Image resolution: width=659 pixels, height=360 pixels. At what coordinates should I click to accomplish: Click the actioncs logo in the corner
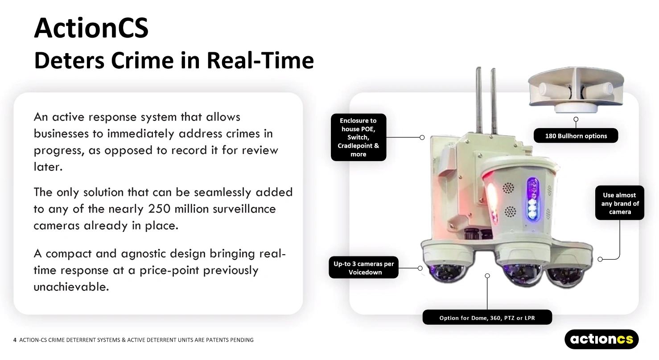click(601, 339)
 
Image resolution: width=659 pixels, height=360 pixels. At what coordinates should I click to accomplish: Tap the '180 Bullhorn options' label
click(576, 136)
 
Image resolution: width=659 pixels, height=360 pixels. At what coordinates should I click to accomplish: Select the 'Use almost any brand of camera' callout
click(619, 203)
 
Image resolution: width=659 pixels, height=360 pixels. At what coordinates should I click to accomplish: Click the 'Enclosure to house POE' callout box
click(358, 137)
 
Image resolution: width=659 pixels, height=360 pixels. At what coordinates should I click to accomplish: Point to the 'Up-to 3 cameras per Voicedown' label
click(363, 268)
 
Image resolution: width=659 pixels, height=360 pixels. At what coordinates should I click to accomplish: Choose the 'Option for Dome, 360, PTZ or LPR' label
click(487, 318)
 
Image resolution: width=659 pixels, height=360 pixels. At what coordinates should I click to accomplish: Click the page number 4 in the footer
click(15, 340)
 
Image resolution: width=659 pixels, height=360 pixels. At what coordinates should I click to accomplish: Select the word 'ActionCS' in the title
click(91, 28)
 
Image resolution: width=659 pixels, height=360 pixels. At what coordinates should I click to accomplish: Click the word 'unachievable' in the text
click(70, 286)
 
